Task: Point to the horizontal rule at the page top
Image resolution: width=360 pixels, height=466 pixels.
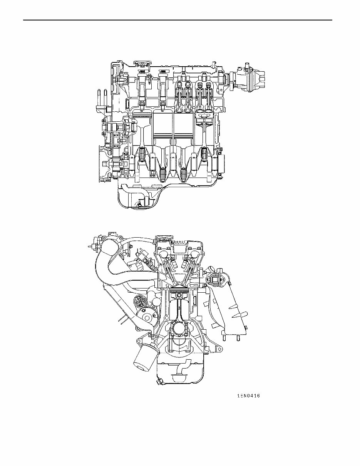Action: click(x=177, y=20)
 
